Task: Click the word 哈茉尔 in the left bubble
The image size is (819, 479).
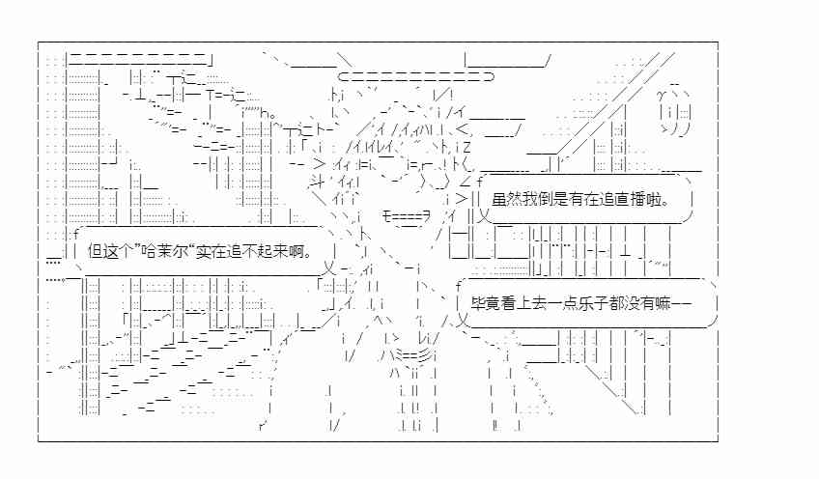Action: [x=165, y=251]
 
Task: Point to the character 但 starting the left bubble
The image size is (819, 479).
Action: [x=96, y=251]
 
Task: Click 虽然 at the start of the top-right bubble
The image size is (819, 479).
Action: [x=507, y=199]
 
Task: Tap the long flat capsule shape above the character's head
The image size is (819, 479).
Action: [x=415, y=77]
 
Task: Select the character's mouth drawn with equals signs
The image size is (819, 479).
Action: [x=407, y=215]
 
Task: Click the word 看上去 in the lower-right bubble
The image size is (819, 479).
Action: [x=524, y=303]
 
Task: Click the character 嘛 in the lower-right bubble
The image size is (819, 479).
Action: [x=664, y=303]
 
